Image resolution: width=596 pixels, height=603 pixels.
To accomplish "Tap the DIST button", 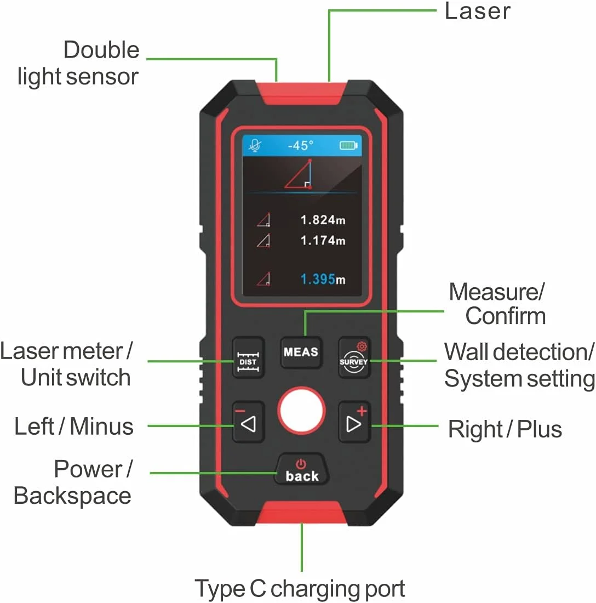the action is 248,358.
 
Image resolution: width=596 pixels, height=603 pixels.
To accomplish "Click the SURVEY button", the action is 354,358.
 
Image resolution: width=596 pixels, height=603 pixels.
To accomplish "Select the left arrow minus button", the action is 248,422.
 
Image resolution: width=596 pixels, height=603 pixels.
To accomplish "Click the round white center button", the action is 302,411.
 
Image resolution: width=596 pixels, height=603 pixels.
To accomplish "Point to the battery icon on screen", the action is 348,145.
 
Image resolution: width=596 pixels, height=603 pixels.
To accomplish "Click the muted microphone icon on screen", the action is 255,145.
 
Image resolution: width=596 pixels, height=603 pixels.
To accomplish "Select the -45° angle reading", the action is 301,145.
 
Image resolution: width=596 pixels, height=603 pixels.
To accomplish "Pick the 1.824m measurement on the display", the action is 323,220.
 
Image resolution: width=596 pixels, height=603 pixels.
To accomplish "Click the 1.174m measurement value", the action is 323,240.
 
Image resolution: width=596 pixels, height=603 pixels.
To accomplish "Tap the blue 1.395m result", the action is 323,279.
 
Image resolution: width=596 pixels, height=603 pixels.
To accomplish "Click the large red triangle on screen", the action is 298,174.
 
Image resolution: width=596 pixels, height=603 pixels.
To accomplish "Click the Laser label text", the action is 477,11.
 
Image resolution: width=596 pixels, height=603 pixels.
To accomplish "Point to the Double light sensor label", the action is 78,63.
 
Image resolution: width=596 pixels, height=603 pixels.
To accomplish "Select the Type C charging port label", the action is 300,588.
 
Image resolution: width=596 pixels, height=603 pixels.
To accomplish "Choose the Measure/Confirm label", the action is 497,304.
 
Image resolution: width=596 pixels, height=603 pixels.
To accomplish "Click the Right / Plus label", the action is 505,429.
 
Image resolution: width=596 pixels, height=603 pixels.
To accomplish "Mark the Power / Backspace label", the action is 73,482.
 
